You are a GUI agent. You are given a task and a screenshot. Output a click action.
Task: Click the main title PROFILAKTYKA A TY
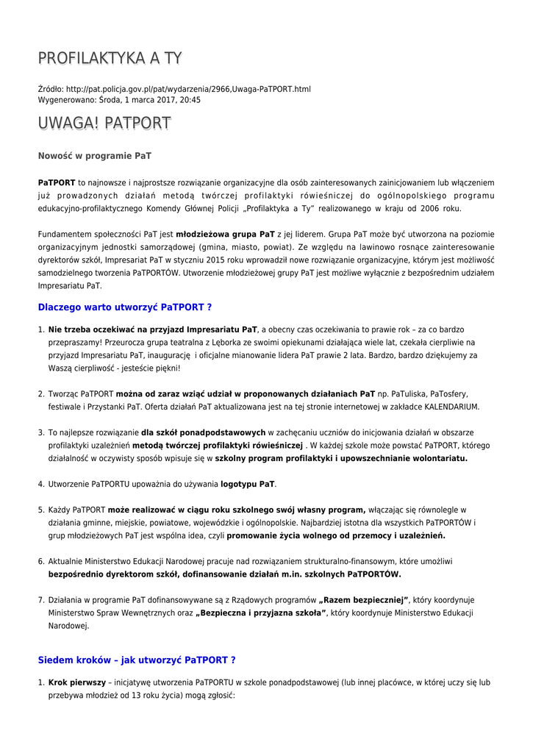click(110, 59)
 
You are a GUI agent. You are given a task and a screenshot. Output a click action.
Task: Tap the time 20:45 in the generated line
click(190, 99)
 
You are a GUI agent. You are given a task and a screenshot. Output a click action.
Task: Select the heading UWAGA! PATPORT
click(104, 123)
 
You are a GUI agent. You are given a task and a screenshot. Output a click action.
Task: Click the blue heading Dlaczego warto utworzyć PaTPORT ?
click(125, 307)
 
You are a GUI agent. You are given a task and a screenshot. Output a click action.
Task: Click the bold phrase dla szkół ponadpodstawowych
click(203, 432)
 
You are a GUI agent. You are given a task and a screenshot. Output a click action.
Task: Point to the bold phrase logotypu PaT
click(248, 484)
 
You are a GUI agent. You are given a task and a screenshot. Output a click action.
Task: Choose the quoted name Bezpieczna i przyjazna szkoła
click(261, 613)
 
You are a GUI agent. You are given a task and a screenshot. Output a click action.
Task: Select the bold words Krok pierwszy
click(77, 682)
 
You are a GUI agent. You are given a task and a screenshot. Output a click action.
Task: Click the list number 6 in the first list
click(41, 561)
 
